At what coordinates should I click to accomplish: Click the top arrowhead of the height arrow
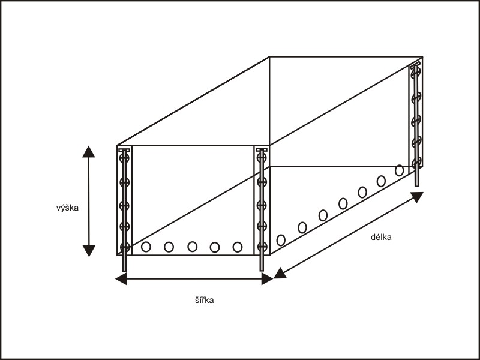[89, 151]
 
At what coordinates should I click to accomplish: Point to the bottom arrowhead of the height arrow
[89, 251]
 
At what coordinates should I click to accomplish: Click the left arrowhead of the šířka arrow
[121, 279]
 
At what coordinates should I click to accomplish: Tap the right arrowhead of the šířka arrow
[267, 279]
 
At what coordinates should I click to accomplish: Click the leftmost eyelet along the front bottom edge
[146, 246]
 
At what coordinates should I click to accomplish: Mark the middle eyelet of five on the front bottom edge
[192, 246]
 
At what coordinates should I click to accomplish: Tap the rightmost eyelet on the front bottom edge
[238, 246]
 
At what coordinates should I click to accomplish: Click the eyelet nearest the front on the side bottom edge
[281, 240]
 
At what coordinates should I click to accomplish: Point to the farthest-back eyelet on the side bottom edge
[400, 170]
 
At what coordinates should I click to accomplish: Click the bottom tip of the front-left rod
[125, 269]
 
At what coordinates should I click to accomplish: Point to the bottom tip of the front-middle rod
[262, 269]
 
